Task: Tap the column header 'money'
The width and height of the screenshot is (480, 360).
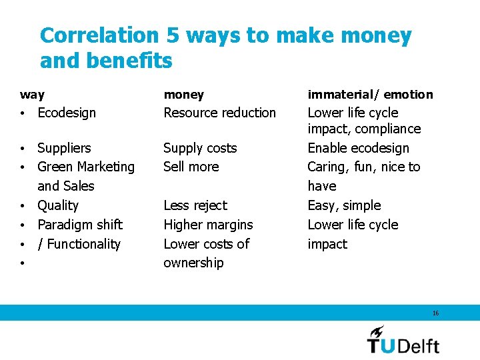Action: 184,95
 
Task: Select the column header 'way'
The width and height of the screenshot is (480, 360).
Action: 33,95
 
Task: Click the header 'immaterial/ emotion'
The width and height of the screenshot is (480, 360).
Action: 370,95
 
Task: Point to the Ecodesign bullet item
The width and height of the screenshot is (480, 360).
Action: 67,113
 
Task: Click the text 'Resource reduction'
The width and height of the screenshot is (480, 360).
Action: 219,113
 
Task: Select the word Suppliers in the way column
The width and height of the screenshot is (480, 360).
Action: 64,148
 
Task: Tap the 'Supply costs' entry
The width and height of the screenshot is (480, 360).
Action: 200,148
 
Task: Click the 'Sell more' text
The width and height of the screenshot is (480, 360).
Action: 191,167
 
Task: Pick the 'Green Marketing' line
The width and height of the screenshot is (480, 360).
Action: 85,167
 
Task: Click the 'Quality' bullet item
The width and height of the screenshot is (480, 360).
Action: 58,205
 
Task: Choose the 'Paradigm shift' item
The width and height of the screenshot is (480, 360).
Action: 80,225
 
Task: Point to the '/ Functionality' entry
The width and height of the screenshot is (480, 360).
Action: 79,244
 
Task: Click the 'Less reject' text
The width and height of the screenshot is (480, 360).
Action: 195,205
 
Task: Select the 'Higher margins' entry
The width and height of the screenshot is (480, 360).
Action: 208,225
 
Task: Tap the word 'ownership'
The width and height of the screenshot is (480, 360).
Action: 193,263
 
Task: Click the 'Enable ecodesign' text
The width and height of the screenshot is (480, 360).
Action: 358,148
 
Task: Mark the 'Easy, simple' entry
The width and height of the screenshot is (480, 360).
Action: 344,205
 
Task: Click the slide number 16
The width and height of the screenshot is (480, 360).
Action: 435,313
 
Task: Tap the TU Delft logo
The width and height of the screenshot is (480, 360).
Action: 403,339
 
